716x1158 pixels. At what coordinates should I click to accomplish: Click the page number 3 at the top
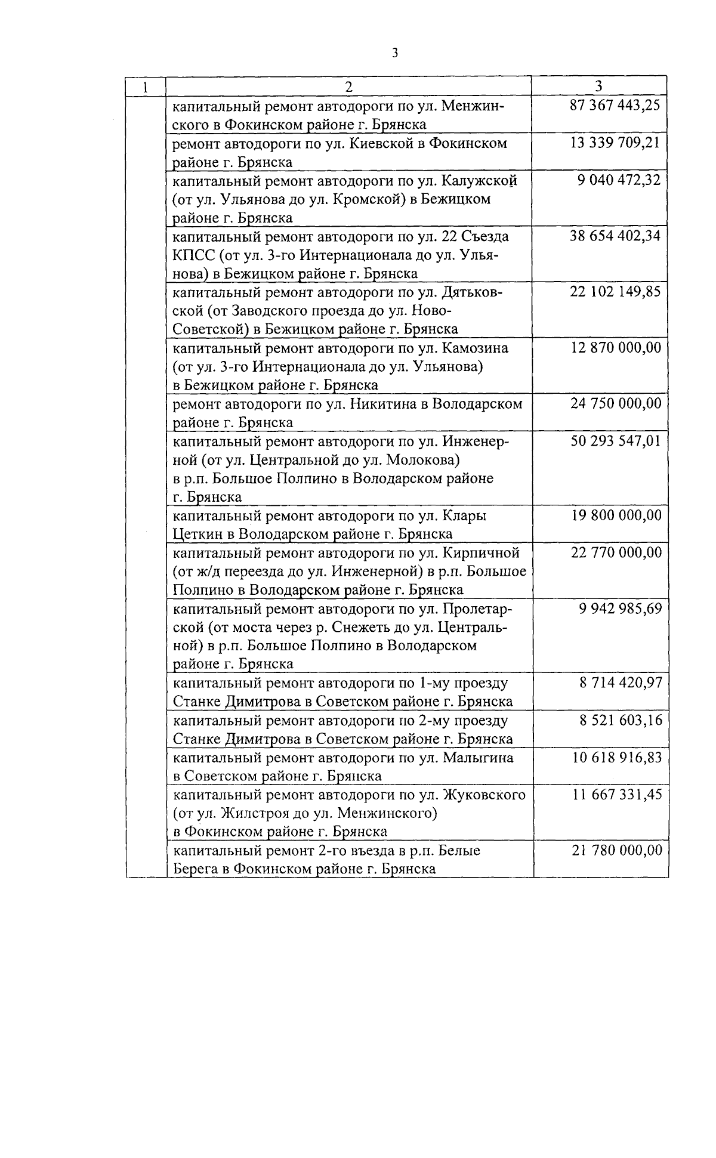(394, 53)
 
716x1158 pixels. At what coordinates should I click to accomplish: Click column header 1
(145, 86)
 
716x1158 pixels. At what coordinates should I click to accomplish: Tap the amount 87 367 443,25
(615, 106)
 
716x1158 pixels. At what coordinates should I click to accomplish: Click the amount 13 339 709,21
(615, 143)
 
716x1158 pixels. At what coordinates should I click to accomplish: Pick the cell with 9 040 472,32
(619, 180)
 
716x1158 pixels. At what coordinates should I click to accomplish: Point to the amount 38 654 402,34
(615, 236)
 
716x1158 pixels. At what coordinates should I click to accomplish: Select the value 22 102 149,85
(615, 292)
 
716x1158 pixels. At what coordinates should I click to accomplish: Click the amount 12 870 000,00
(616, 347)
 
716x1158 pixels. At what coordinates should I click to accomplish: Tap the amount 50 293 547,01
(616, 441)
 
